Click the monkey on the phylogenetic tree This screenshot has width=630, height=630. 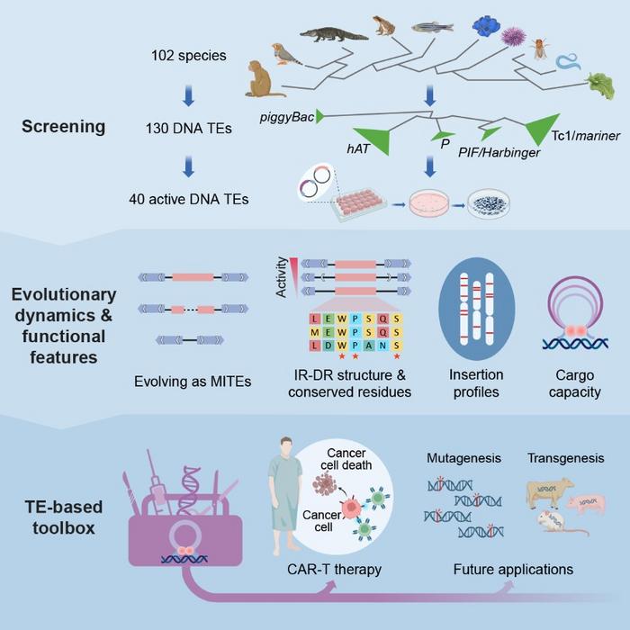[x=265, y=79]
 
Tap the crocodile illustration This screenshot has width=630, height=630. [x=333, y=35]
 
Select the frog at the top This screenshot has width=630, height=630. [x=386, y=26]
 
